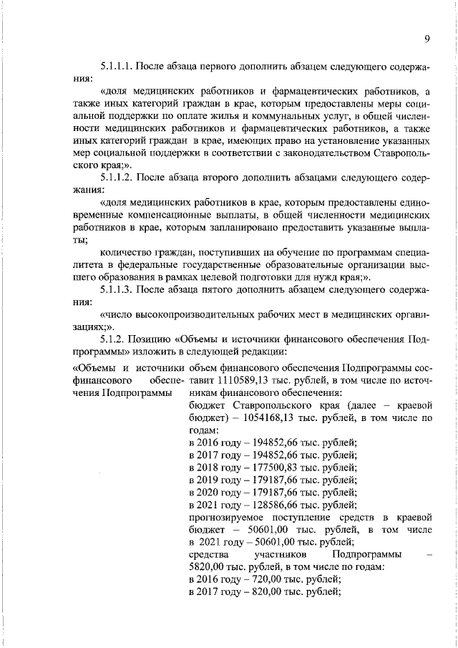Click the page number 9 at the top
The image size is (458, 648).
(426, 39)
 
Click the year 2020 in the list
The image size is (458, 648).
(210, 493)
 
